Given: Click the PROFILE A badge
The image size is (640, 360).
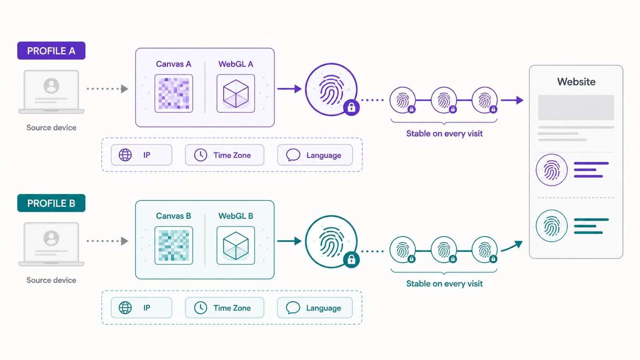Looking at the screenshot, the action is pyautogui.click(x=51, y=50).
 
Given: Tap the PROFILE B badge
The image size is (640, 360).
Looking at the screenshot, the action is pyautogui.click(x=51, y=203).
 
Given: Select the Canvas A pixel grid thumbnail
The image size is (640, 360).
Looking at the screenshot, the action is pyautogui.click(x=174, y=93).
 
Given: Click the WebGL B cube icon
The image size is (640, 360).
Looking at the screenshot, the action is pyautogui.click(x=236, y=246).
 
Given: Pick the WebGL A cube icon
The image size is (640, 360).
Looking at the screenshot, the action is pyautogui.click(x=236, y=93).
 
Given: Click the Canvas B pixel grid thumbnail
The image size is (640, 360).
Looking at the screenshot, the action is pyautogui.click(x=174, y=246).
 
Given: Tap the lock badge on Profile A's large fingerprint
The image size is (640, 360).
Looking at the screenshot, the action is pyautogui.click(x=351, y=108).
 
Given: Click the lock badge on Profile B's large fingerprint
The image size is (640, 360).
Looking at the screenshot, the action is pyautogui.click(x=351, y=260).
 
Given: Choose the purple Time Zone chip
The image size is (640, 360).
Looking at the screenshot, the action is pyautogui.click(x=225, y=155).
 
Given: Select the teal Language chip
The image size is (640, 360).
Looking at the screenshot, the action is pyautogui.click(x=315, y=308).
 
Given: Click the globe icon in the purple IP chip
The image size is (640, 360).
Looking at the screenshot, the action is pyautogui.click(x=125, y=155).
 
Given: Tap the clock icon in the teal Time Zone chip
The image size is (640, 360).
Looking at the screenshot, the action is pyautogui.click(x=201, y=308).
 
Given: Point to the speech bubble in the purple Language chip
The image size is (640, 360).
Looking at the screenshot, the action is pyautogui.click(x=293, y=155).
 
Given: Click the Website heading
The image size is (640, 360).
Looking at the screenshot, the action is pyautogui.click(x=576, y=81).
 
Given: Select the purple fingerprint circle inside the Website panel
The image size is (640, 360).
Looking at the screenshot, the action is pyautogui.click(x=552, y=170).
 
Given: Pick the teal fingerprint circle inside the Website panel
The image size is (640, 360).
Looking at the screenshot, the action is pyautogui.click(x=552, y=226).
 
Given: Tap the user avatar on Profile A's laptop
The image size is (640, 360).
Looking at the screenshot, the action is pyautogui.click(x=51, y=86).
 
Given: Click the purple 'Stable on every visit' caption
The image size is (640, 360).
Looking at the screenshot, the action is pyautogui.click(x=444, y=133).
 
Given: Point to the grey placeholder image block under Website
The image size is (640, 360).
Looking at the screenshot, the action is pyautogui.click(x=576, y=108).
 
